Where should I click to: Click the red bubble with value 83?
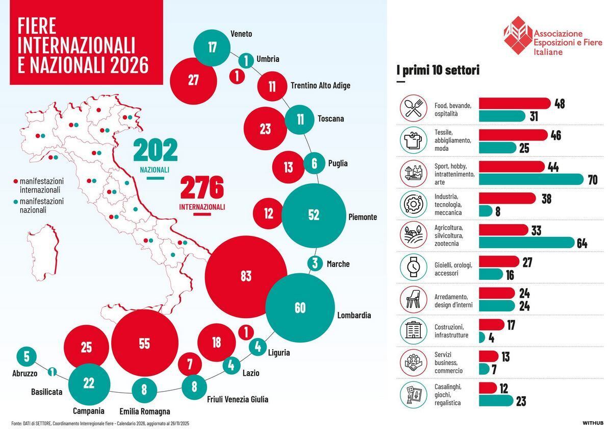[x=246, y=276]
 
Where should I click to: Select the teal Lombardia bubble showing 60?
[x=300, y=308]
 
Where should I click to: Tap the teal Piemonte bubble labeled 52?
[x=314, y=215]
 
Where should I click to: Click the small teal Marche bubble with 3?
[x=315, y=264]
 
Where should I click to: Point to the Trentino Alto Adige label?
[x=320, y=86]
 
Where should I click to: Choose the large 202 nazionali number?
[x=155, y=150]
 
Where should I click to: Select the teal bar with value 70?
[x=531, y=180]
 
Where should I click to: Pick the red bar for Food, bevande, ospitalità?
[x=515, y=104]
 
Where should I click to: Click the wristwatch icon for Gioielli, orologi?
[x=413, y=267]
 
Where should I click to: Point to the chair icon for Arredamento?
[x=413, y=299]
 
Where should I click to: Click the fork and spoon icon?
[x=413, y=108]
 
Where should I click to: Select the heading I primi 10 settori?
[x=438, y=70]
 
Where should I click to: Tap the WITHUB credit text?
[x=593, y=423]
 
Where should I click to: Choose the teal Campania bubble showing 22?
[x=89, y=382]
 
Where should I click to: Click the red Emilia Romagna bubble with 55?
[x=145, y=343]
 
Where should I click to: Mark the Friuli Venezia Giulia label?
[x=237, y=399]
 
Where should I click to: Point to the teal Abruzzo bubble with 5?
[x=27, y=356]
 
